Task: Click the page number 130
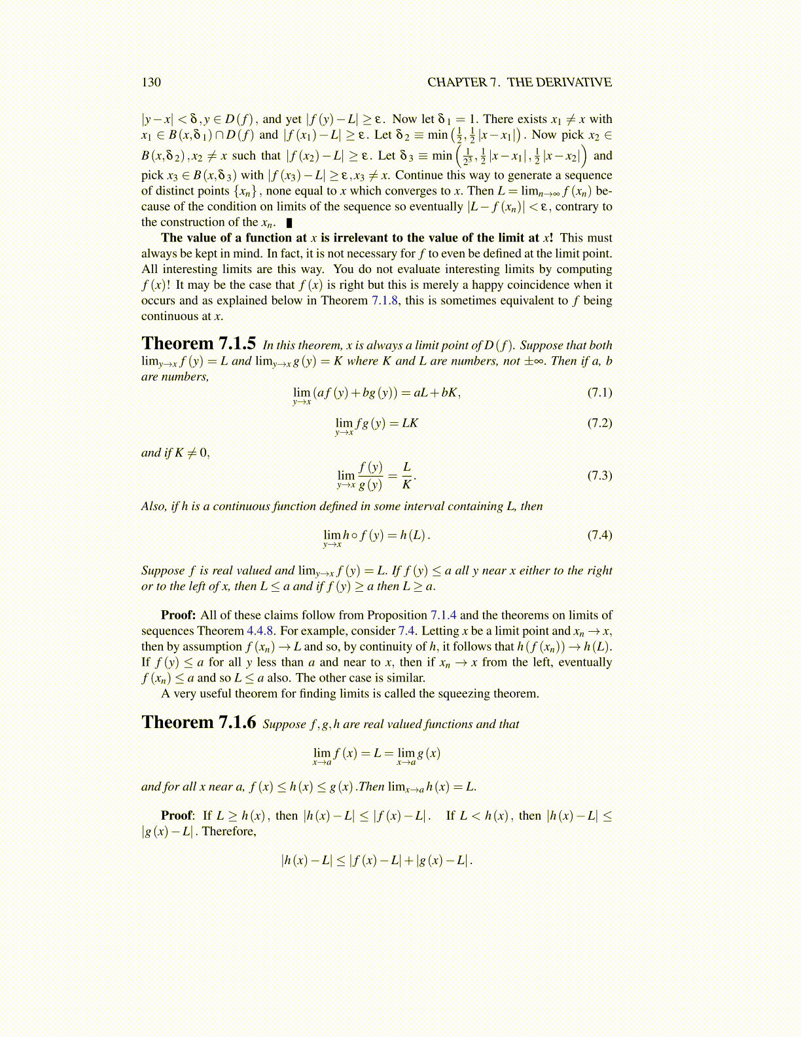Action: tap(151, 82)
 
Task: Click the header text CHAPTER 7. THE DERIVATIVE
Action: tap(519, 82)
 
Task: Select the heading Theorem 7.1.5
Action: tap(198, 343)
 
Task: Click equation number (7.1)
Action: tap(599, 392)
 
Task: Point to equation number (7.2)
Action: tap(599, 423)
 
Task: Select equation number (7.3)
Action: tap(599, 475)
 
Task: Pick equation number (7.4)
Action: tap(599, 535)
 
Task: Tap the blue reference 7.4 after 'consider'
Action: tap(406, 630)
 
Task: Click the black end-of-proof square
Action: tap(289, 223)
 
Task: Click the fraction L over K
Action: tap(406, 475)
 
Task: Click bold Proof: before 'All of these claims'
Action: tap(179, 615)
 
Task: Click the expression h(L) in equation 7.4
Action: tap(412, 535)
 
